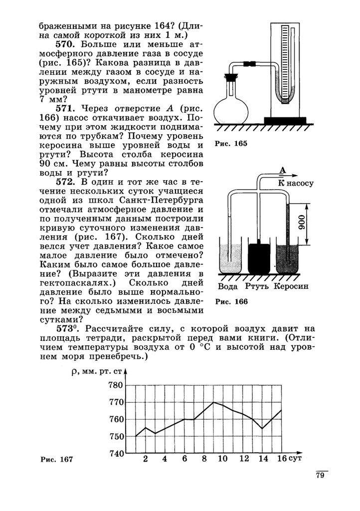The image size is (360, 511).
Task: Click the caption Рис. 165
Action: coord(231,144)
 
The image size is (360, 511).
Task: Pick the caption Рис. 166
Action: coord(231,302)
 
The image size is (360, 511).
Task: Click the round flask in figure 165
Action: coord(232,108)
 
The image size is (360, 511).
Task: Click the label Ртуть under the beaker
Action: coord(257,286)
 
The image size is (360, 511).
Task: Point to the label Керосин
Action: coord(291,286)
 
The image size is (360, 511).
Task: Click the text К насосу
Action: coord(296,183)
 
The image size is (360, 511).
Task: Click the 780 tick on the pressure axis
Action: coord(116,385)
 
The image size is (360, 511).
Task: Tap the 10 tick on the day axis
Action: coord(223,459)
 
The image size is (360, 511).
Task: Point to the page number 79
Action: coord(320,475)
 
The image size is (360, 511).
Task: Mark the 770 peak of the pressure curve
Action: coord(213,402)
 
